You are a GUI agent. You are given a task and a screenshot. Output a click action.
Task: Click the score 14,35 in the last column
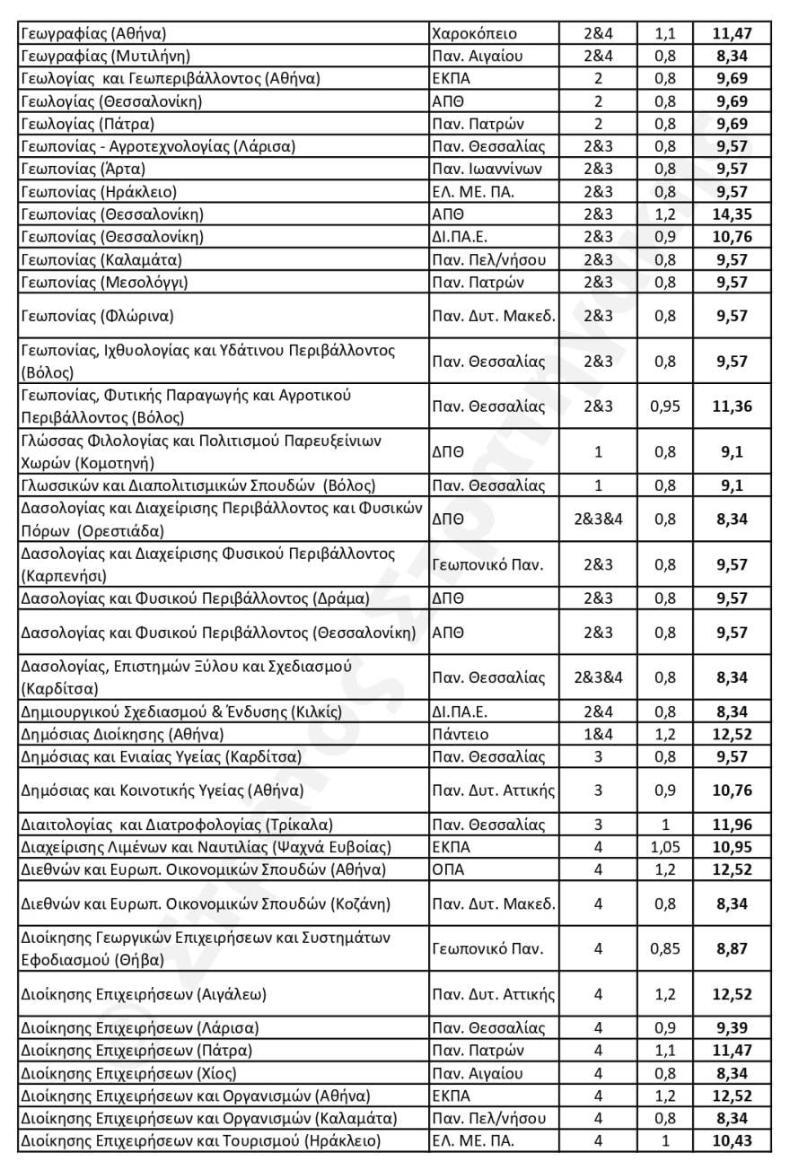(x=732, y=214)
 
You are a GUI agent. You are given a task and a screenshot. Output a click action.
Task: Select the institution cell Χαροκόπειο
(x=474, y=34)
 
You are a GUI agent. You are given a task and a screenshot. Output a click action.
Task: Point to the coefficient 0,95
(x=665, y=406)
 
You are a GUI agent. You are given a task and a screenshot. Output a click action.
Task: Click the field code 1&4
(x=598, y=735)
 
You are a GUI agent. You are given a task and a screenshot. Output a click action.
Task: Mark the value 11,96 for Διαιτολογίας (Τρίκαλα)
(x=732, y=825)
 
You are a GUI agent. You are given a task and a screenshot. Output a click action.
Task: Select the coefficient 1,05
(x=665, y=847)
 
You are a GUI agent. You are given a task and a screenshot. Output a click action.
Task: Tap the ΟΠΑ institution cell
(x=451, y=869)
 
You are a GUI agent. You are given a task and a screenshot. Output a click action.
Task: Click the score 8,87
(x=732, y=948)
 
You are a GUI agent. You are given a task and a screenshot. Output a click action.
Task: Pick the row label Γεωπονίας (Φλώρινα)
(x=97, y=316)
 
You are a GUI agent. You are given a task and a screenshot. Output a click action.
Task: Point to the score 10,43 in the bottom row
(x=732, y=1140)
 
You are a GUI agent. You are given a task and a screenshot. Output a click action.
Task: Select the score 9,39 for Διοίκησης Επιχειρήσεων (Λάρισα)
(x=732, y=1028)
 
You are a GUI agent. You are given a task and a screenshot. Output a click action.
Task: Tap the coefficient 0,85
(x=665, y=948)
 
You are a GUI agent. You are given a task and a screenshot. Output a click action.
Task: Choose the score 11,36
(x=732, y=406)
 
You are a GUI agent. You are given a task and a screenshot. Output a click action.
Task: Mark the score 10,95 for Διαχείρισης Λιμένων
(x=732, y=847)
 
